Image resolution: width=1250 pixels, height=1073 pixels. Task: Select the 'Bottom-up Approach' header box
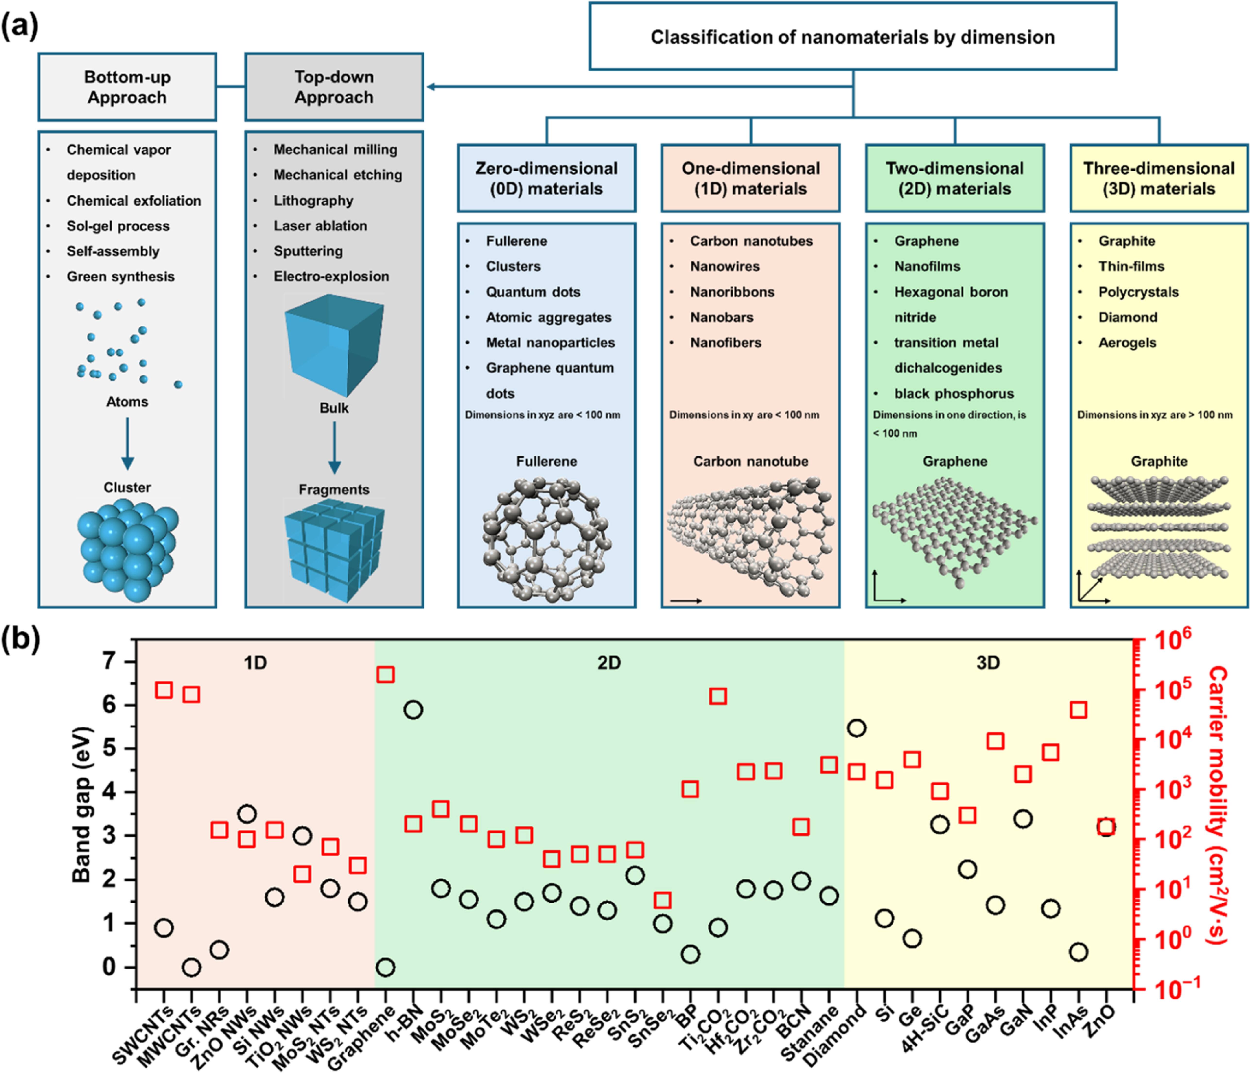[127, 87]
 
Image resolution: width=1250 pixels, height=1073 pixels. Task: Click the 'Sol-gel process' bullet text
[118, 226]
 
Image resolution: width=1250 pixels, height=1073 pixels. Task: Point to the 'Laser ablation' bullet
[320, 225]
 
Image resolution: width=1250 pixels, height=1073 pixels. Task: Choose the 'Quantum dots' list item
[533, 292]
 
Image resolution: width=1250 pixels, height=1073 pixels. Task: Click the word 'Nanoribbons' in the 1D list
[732, 292]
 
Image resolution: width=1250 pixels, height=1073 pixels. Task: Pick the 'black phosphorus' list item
[954, 393]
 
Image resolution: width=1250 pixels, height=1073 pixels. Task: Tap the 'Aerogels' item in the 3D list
[1127, 343]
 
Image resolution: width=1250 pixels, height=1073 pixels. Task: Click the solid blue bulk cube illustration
[334, 345]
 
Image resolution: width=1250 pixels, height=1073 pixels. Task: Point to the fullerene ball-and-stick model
[546, 541]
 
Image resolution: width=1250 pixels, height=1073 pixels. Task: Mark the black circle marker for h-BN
[413, 710]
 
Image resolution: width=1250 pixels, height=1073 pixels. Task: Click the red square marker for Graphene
[386, 674]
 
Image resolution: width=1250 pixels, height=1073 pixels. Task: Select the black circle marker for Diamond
[857, 728]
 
